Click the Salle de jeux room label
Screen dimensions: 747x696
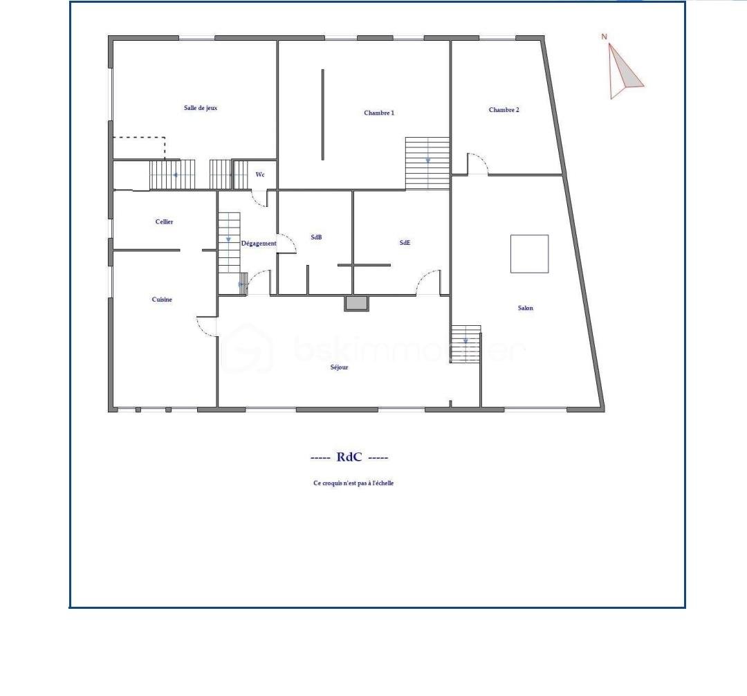201,108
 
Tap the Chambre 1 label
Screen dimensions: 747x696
379,113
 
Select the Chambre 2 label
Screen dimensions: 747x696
504,109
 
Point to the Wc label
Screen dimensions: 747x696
260,174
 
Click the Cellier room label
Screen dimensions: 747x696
164,221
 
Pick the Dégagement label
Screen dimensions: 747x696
259,244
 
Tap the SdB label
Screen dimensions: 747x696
316,237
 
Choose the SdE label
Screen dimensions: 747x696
405,242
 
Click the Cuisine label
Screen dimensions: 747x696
161,299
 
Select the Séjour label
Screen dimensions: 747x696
339,367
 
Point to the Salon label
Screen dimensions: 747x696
526,308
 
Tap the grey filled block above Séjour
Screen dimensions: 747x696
356,303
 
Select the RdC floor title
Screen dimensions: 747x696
349,457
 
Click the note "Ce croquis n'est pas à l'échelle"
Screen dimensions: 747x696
353,483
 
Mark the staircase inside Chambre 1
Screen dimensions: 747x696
427,163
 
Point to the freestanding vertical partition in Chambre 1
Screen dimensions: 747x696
322,115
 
